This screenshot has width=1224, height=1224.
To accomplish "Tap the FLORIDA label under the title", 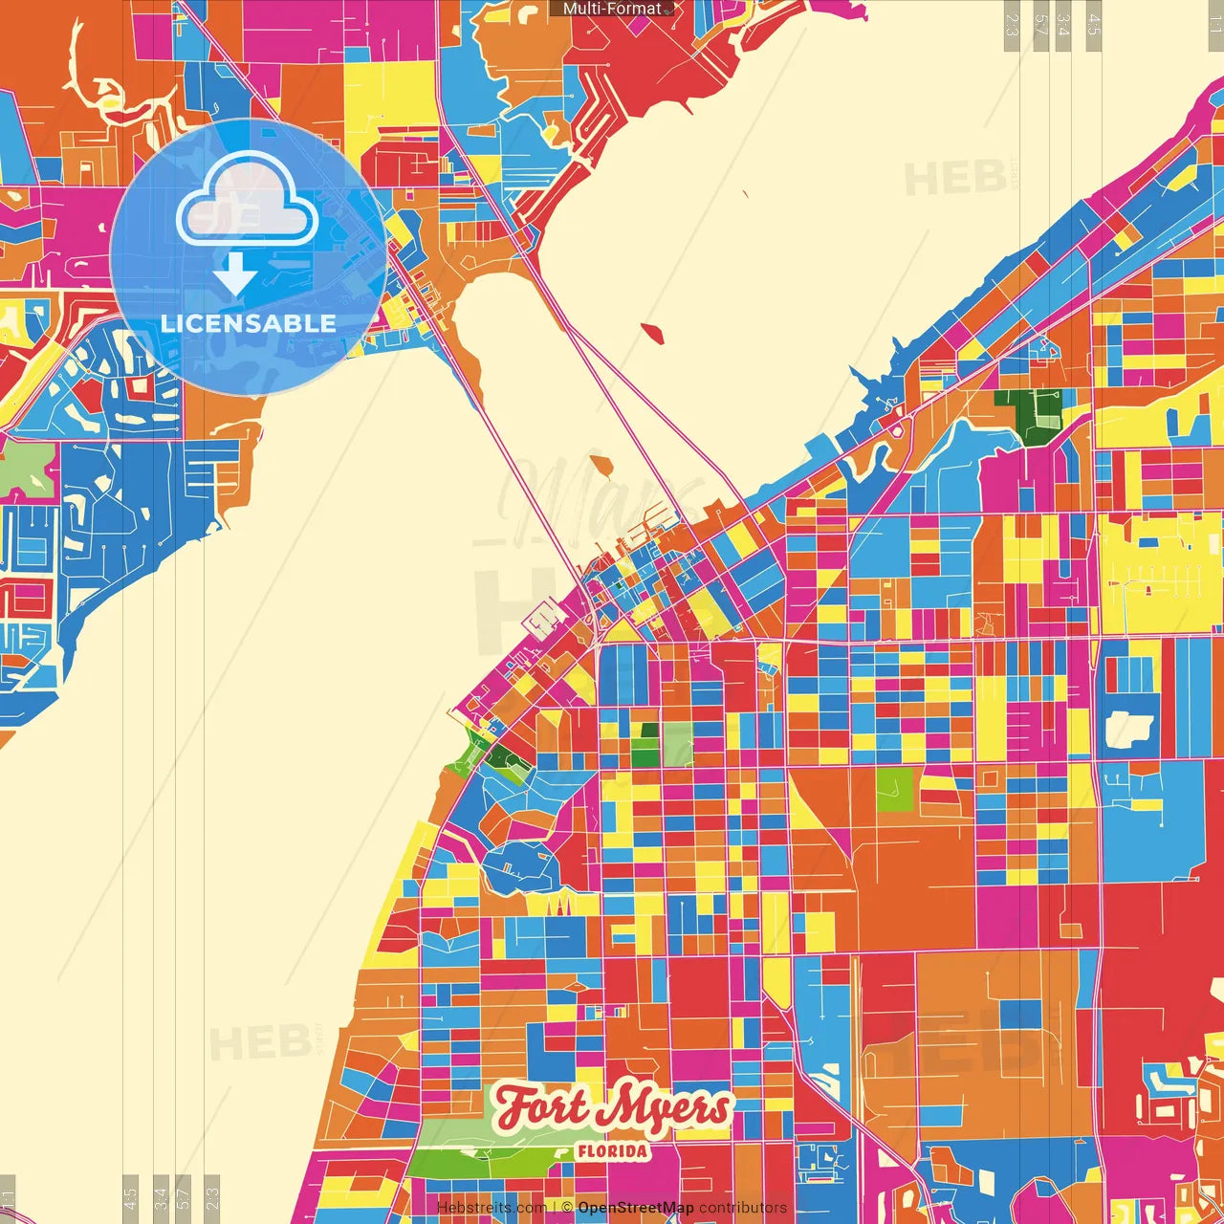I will point(612,1151).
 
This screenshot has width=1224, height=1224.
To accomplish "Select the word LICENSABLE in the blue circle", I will point(249,323).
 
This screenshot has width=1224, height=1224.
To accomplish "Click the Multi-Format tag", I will point(612,9).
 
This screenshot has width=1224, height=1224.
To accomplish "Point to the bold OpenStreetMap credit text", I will point(636,1208).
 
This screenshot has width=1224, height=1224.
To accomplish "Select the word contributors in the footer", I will point(743,1208).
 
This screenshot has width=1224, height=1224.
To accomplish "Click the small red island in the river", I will point(653,333).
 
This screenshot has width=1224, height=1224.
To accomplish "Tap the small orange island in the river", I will point(601,467).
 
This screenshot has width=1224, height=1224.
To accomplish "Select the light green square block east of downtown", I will point(895,790).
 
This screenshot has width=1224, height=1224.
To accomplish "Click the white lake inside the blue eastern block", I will point(1129,729).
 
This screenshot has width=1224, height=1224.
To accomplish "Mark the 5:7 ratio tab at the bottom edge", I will point(184,1195).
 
